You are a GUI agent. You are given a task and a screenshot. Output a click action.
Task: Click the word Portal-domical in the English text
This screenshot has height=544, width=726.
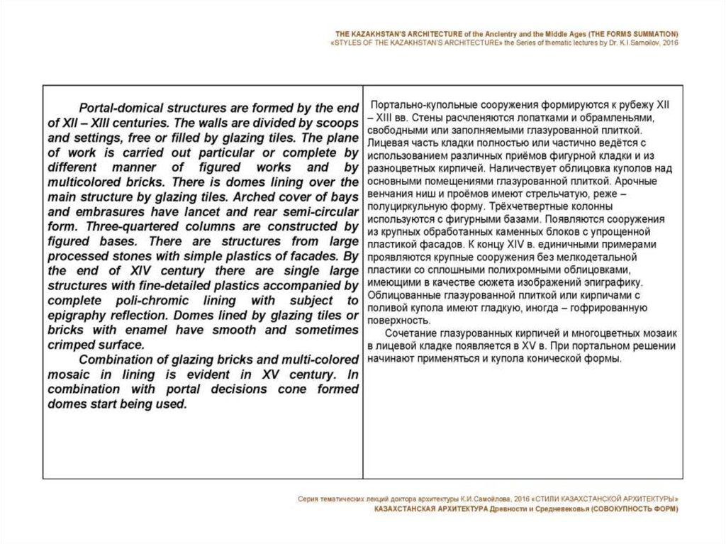[x=116, y=108]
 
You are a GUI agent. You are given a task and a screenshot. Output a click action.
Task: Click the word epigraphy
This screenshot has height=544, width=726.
[x=77, y=316]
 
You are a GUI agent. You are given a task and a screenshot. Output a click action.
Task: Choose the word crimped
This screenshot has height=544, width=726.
[x=71, y=345]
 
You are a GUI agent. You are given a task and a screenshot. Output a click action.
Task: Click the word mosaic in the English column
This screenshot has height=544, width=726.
[x=71, y=375]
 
